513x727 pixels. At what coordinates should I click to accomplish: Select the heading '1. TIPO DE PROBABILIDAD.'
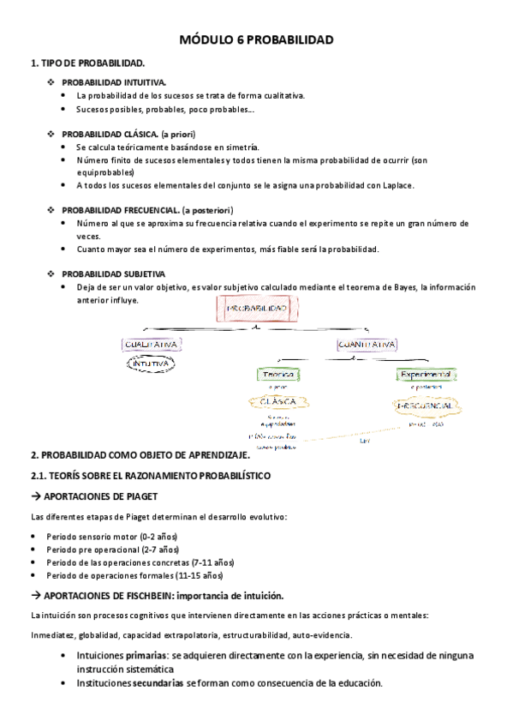click(x=87, y=63)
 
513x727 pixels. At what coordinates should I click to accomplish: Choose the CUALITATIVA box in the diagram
click(x=151, y=345)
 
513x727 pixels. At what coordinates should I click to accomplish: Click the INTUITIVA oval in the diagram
click(x=151, y=363)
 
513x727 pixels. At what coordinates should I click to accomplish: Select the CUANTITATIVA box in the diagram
click(x=367, y=345)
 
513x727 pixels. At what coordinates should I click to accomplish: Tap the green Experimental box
click(x=425, y=375)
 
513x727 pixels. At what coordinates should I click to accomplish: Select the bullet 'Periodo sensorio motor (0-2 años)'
click(x=125, y=535)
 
